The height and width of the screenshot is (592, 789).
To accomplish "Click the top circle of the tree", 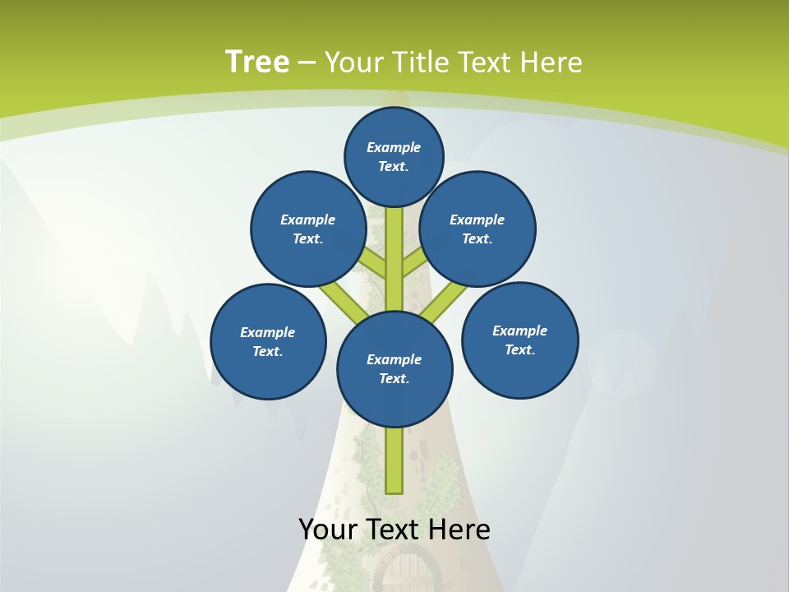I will pos(394,157).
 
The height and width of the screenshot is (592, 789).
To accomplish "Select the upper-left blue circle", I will pos(307,229).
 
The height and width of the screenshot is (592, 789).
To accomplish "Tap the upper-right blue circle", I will pos(478,229).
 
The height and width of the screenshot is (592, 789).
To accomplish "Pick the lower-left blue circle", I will pos(268,341).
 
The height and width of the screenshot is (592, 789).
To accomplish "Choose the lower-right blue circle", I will pos(519,340).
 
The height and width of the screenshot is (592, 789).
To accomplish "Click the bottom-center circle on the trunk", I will pos(394,368).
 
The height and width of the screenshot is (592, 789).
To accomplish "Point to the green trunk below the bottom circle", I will pos(394,460).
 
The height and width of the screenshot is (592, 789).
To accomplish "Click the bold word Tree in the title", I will pos(256,62).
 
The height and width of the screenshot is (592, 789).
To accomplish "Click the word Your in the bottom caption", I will pos(327,530).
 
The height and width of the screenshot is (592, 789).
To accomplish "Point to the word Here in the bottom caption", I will pos(458,530).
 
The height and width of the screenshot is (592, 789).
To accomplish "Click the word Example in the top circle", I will pos(394,147).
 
